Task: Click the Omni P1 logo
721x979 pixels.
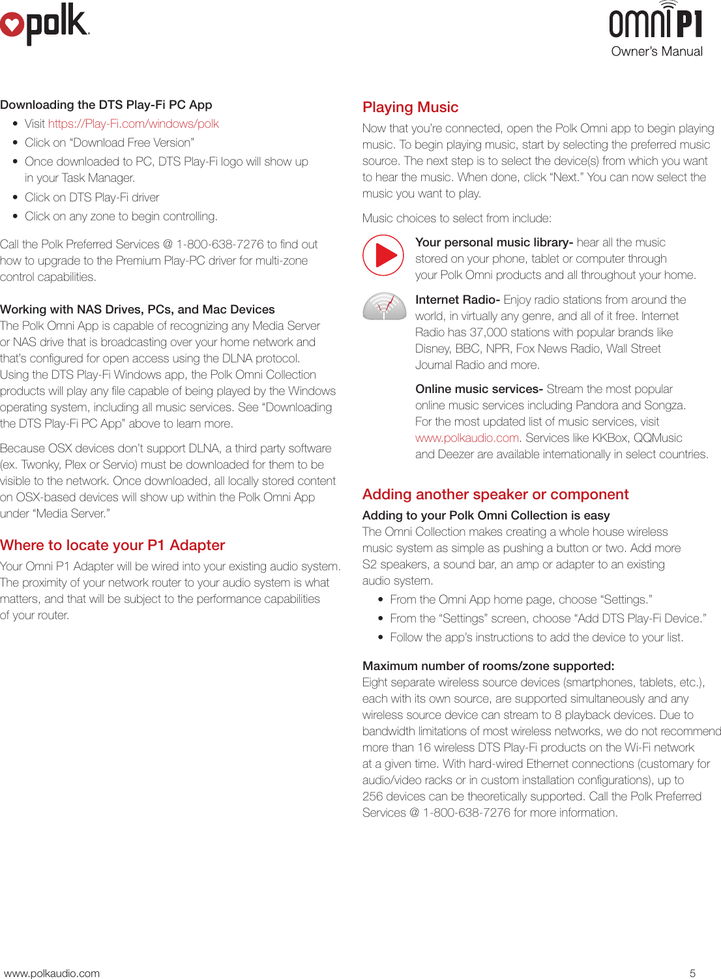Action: click(656, 22)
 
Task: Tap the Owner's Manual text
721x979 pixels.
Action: click(656, 51)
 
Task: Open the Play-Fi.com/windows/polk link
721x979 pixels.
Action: click(133, 124)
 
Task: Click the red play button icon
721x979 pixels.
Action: click(384, 255)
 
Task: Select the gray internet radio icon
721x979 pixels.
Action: click(385, 306)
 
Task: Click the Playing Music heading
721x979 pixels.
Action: click(410, 108)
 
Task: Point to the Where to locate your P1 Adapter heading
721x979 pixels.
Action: click(112, 546)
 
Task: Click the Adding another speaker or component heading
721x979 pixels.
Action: click(495, 495)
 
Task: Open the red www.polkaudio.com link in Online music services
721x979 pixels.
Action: click(467, 438)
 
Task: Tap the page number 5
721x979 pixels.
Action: click(692, 973)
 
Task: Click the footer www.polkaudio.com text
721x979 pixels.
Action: click(52, 973)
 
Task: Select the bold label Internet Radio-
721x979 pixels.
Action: click(457, 300)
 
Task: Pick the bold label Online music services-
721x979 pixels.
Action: click(478, 389)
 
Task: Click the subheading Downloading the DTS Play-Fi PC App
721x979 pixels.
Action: click(106, 105)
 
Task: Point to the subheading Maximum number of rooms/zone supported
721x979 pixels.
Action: click(488, 666)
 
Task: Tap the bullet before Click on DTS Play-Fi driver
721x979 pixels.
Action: click(15, 197)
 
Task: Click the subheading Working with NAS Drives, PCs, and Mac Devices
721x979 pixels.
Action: click(137, 310)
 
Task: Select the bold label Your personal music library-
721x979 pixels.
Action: click(493, 242)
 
